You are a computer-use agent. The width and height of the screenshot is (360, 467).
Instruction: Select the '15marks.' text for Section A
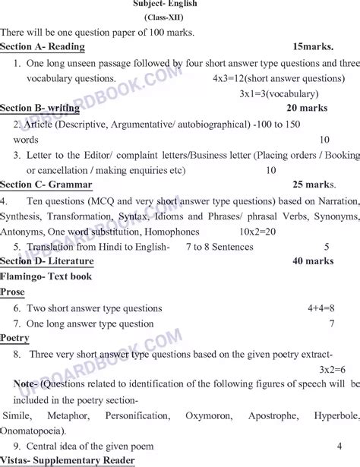[x=312, y=47]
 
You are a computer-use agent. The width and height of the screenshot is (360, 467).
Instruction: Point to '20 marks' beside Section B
[x=307, y=108]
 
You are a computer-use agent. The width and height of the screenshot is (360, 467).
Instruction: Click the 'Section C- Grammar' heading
[x=46, y=185]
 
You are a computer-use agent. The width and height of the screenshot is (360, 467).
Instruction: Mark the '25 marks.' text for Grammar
[x=313, y=185]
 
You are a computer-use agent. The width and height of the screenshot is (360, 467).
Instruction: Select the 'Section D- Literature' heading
[x=47, y=261]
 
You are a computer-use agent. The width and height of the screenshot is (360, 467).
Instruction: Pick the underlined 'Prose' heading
[x=13, y=292]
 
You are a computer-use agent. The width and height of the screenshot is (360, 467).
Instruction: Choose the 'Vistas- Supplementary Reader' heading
[x=68, y=461]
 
